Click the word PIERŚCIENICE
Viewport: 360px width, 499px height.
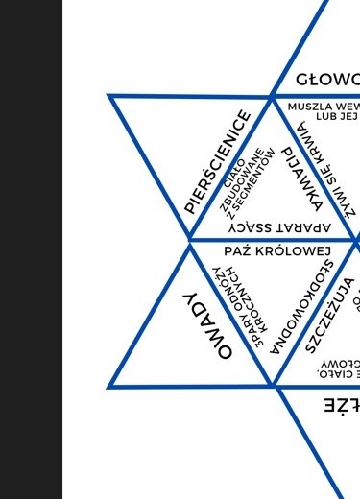[218, 162]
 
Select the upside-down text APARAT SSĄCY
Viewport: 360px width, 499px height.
[279, 228]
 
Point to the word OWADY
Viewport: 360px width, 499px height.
[208, 325]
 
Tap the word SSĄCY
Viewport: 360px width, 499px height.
[252, 228]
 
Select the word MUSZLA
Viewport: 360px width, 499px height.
[308, 107]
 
